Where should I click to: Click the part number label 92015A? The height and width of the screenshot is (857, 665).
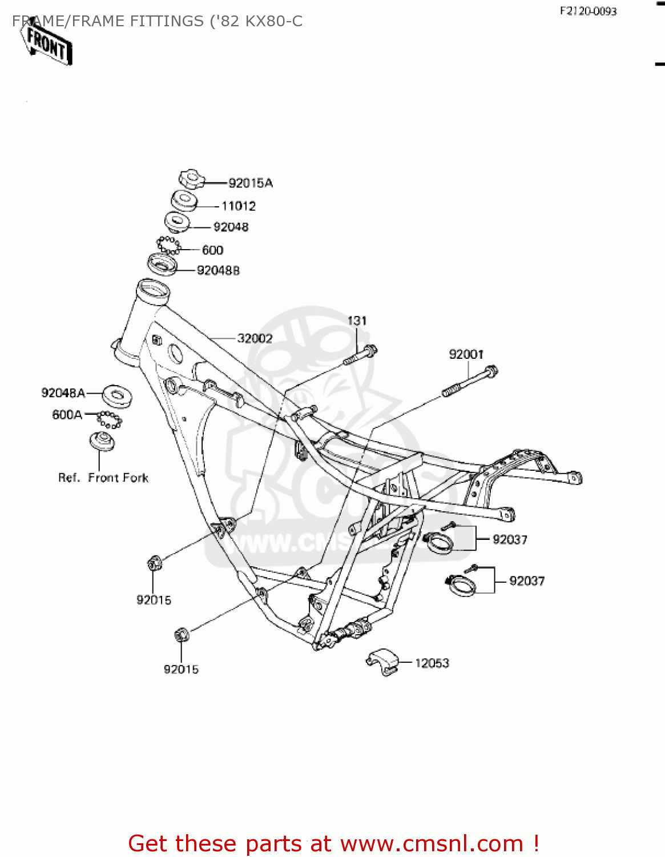tap(251, 183)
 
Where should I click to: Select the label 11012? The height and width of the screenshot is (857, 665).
tap(239, 206)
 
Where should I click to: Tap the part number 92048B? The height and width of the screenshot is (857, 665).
tap(218, 271)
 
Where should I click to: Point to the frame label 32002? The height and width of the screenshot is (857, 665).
tap(255, 339)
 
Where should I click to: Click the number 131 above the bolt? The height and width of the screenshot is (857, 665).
tap(357, 321)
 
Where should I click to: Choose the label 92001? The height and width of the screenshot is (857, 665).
tap(466, 355)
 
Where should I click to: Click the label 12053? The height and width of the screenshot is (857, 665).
tap(432, 663)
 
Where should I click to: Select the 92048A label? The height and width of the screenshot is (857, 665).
tap(63, 393)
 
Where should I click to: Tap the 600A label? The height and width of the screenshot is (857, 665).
tap(67, 415)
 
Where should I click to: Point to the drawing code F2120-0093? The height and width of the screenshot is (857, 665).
tap(588, 11)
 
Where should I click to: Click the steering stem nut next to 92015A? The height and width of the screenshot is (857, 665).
tap(191, 179)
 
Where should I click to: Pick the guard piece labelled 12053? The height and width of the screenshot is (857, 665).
tap(382, 662)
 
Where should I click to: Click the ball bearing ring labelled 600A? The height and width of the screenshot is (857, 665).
tap(109, 419)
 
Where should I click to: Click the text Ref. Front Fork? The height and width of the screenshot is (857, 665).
tap(103, 478)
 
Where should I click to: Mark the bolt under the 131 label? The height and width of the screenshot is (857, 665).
tap(361, 355)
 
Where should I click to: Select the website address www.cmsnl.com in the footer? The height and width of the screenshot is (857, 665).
tap(432, 844)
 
